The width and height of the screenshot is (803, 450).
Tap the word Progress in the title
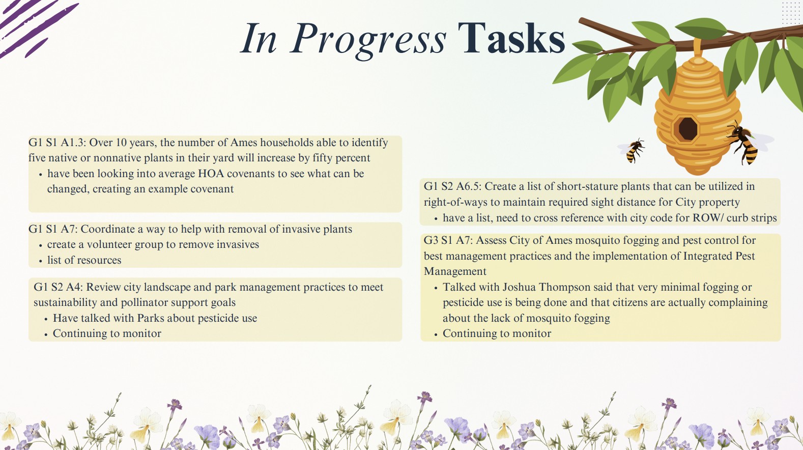[x=368, y=41]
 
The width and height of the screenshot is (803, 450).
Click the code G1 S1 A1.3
[x=57, y=143]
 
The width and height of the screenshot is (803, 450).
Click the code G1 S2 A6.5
[x=452, y=186]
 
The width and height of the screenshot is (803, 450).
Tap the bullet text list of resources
[x=84, y=260]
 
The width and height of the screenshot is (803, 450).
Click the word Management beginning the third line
[x=455, y=271]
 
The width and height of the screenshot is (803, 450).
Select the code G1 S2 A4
[x=59, y=287]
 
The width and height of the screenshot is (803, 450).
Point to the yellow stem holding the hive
[x=698, y=47]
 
